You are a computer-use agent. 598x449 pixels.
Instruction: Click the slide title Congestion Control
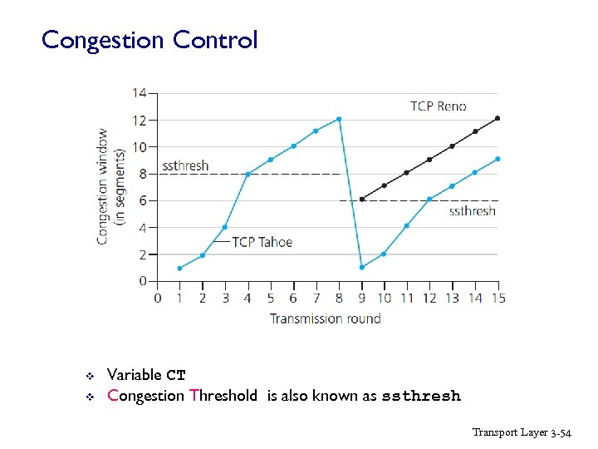149,40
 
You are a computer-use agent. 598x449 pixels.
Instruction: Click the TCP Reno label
438,106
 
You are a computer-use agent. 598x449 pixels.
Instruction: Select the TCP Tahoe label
262,242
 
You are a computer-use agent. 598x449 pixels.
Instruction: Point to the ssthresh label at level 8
185,165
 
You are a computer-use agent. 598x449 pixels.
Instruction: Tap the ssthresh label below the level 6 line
472,211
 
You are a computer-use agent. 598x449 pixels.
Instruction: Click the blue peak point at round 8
339,119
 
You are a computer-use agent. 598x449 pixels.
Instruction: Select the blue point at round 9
361,268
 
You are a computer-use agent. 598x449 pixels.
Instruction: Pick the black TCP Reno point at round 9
361,200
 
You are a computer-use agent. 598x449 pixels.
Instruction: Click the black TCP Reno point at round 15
498,118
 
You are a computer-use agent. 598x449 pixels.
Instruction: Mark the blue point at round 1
179,268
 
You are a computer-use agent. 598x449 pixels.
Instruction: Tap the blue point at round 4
248,174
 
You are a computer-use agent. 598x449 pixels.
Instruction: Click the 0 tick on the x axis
157,298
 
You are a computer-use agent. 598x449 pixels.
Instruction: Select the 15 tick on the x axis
498,298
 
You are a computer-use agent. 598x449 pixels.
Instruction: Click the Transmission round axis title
326,318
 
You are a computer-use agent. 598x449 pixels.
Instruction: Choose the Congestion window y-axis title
109,185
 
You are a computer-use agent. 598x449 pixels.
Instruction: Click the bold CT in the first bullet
175,375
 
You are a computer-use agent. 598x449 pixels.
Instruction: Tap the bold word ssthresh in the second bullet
420,397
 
